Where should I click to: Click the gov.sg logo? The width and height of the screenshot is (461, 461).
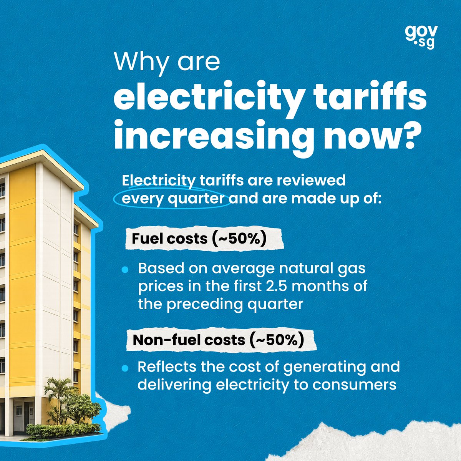[x=421, y=37]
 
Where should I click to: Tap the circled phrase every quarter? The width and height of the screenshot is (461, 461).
[x=173, y=199]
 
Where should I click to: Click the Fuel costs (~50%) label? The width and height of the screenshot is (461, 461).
[x=199, y=239]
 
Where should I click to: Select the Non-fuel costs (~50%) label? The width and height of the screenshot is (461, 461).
[x=219, y=340]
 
